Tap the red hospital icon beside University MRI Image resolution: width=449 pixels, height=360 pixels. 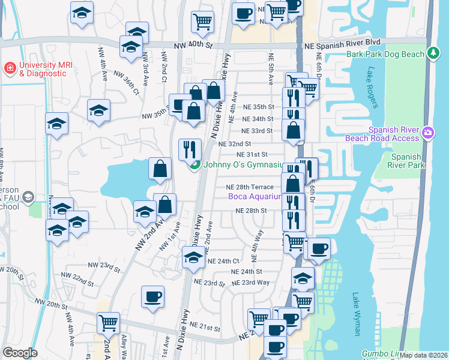(10, 68)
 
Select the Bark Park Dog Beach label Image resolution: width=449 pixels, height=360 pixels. (385, 54)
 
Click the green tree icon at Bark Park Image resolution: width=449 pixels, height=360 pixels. (433, 54)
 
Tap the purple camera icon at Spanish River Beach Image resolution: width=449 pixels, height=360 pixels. (427, 132)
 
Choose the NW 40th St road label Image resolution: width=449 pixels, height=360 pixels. (193, 45)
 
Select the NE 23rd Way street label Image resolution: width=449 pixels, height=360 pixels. (250, 283)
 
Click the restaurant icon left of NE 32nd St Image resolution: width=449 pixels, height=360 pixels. (190, 149)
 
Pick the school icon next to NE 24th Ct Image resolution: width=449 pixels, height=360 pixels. (193, 258)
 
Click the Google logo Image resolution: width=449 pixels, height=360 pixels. (20, 353)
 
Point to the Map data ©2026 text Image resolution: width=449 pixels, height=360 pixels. (423, 355)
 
